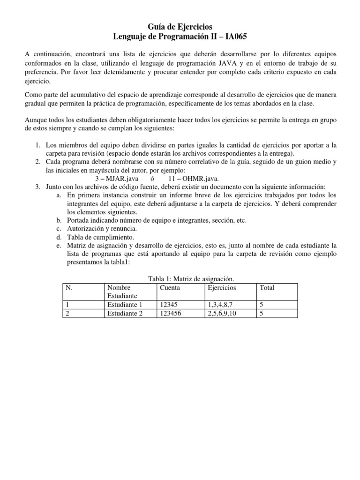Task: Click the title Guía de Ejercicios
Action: pyautogui.click(x=180, y=27)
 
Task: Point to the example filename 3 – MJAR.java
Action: pyautogui.click(x=116, y=178)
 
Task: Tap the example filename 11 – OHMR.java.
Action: pyautogui.click(x=193, y=178)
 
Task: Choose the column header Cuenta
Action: pyautogui.click(x=170, y=287)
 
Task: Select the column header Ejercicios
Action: pyautogui.click(x=222, y=287)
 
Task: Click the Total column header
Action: pyautogui.click(x=267, y=287)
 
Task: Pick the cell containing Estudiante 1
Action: pyautogui.click(x=124, y=305)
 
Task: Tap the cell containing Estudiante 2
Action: pyautogui.click(x=124, y=313)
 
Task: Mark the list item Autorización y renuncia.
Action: pyautogui.click(x=102, y=229)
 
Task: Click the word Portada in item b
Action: pyautogui.click(x=79, y=220)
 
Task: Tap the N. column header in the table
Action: pyautogui.click(x=69, y=287)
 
